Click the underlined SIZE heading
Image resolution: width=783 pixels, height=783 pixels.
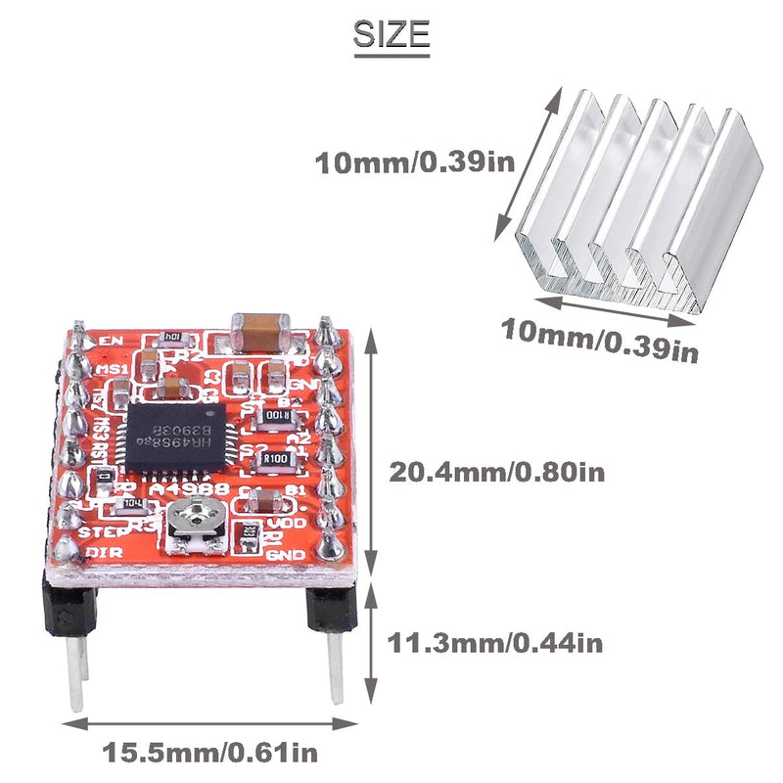tap(391, 35)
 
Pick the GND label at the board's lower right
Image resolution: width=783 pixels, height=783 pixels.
tap(295, 555)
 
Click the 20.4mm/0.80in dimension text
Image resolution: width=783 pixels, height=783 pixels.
tap(497, 472)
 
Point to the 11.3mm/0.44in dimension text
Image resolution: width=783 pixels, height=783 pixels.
tap(495, 643)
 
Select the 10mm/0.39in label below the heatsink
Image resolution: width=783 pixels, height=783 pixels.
tap(600, 341)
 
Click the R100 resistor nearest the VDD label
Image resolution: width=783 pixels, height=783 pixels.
tap(274, 457)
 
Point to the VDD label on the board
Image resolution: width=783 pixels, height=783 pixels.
tap(294, 522)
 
